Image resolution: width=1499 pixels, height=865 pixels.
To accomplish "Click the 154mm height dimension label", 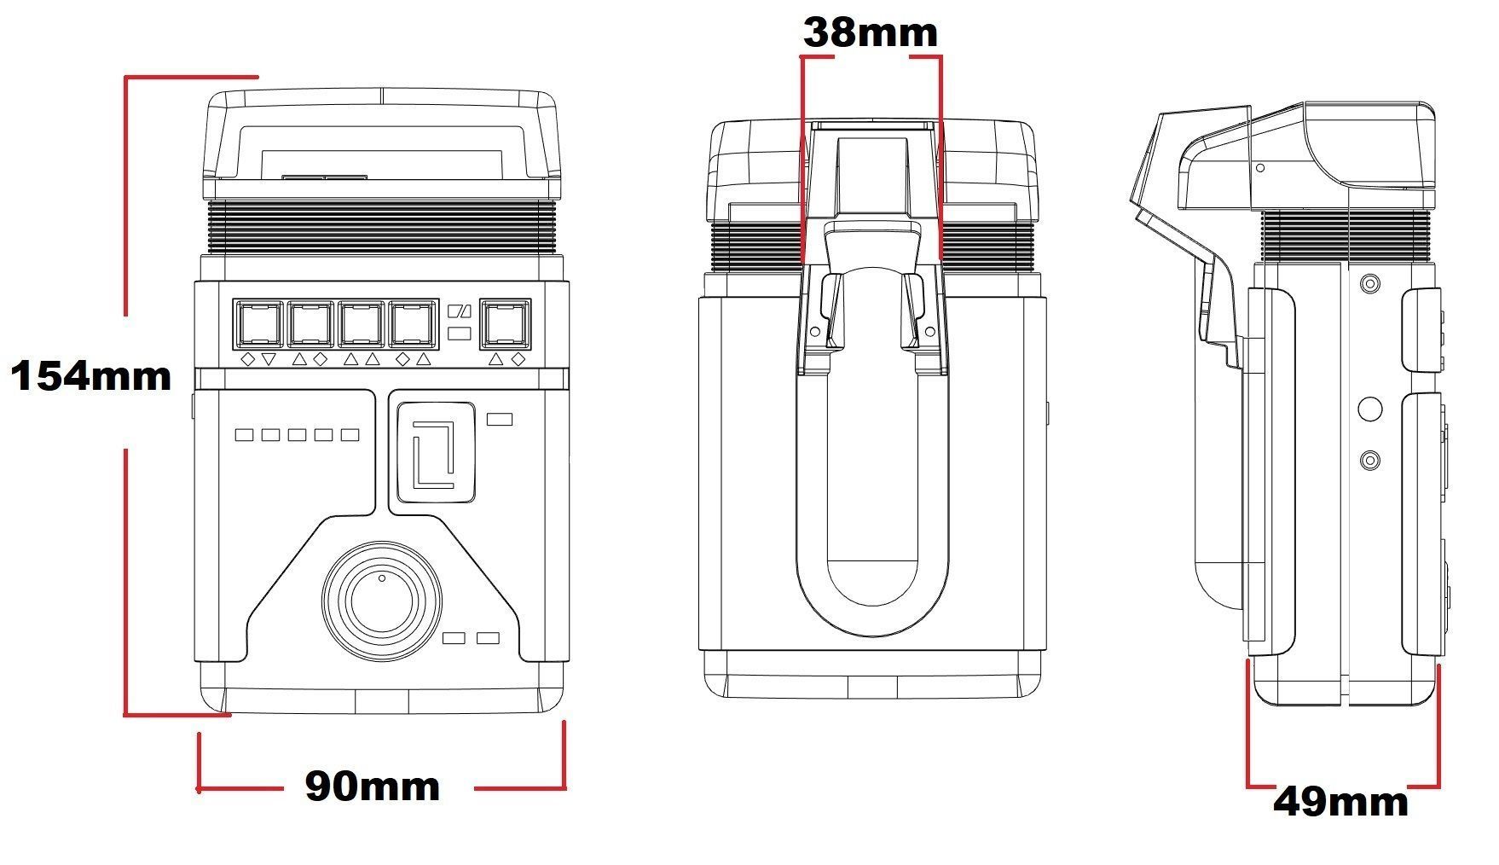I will (x=91, y=376).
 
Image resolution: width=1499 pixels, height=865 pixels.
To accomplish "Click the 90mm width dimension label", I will (x=373, y=787).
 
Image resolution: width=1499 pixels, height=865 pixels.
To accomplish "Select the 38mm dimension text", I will (x=870, y=33).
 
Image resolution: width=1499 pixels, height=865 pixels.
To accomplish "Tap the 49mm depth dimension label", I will (x=1340, y=803).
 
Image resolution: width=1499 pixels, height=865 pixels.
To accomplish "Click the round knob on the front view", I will (x=382, y=600).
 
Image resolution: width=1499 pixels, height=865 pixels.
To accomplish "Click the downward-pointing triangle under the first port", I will (x=269, y=359).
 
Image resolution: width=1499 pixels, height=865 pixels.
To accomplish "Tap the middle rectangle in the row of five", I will (x=297, y=435).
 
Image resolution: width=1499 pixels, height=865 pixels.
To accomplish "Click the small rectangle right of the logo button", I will (x=499, y=419).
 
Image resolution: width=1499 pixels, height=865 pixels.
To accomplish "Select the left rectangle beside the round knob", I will (x=454, y=637).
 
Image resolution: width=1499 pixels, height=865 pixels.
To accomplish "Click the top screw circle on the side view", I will (x=1369, y=283).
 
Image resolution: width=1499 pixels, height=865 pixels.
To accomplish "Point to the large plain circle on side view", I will (x=1369, y=409).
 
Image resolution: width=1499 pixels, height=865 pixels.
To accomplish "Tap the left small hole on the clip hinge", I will (x=814, y=331).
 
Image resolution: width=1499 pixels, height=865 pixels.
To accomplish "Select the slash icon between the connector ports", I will (x=460, y=312).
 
